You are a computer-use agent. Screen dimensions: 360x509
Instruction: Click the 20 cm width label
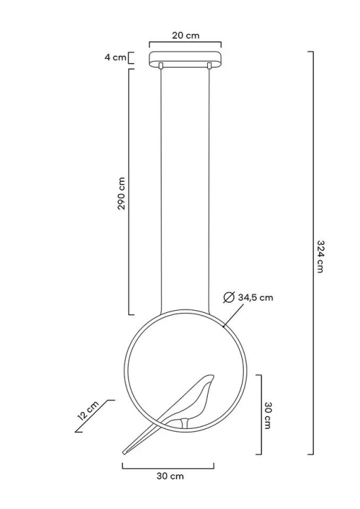185,35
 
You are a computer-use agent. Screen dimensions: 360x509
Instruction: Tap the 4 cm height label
115,58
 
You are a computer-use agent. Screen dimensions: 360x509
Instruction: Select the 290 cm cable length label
121,193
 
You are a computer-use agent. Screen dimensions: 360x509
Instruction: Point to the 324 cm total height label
321,257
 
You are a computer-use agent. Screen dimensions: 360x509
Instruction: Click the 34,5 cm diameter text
255,297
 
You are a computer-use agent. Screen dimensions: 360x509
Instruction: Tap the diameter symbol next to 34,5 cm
229,297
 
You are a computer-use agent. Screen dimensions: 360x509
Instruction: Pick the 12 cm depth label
88,411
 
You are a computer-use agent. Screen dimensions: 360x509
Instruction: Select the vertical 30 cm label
268,415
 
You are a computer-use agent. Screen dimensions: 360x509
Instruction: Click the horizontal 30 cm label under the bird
170,476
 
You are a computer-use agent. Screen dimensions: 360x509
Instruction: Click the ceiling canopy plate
185,59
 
